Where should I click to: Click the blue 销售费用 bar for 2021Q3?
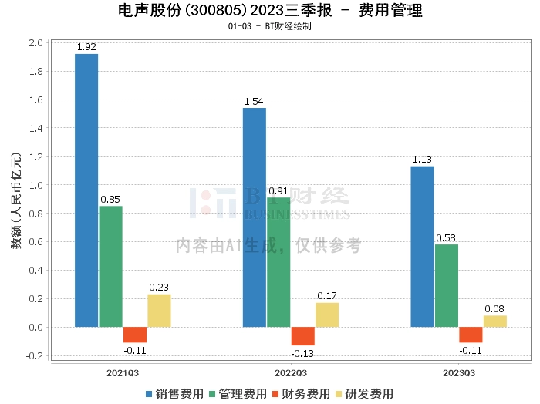coord(86,190)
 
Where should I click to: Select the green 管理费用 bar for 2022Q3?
coord(278,262)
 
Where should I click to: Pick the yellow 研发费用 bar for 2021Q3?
coord(159,311)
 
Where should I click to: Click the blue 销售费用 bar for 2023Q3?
coord(422,247)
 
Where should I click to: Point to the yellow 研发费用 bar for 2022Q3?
coord(327,315)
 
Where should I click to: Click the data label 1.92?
coord(86,47)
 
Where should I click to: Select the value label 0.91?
coord(278,190)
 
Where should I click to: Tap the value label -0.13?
coord(302,353)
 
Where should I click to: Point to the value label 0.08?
coord(495,308)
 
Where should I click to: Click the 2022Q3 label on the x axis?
coord(291,372)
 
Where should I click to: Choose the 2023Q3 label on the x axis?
coord(459,372)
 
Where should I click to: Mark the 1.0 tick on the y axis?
coord(35,185)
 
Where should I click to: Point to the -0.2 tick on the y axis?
coord(34,355)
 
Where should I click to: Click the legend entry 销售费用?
coord(175,393)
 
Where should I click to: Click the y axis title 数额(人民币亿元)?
coord(15,198)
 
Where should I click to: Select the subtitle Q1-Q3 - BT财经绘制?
coord(270,26)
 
